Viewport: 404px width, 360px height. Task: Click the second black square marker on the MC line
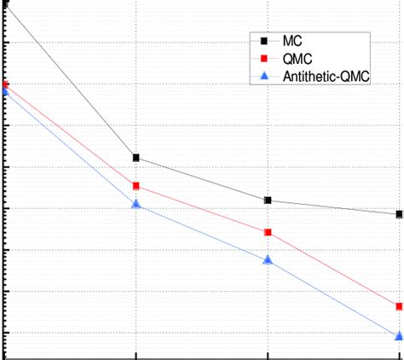click(136, 158)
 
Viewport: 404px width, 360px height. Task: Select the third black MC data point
click(268, 200)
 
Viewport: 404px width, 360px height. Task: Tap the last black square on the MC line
click(399, 214)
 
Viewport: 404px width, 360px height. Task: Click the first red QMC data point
click(5, 84)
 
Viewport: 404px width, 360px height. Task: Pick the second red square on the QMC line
click(136, 186)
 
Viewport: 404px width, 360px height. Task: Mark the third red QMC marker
click(268, 232)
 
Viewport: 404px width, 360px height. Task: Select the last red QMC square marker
click(399, 306)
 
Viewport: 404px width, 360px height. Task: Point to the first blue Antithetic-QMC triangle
click(5, 91)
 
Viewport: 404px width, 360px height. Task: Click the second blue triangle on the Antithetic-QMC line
click(136, 204)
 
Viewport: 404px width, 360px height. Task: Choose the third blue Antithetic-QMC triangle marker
click(268, 259)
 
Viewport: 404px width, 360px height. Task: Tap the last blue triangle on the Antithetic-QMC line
click(399, 335)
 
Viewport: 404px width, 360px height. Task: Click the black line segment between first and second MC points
click(71, 81)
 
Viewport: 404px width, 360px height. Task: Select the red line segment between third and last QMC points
click(333, 269)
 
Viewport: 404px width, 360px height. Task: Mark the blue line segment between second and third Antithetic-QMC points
click(202, 231)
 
